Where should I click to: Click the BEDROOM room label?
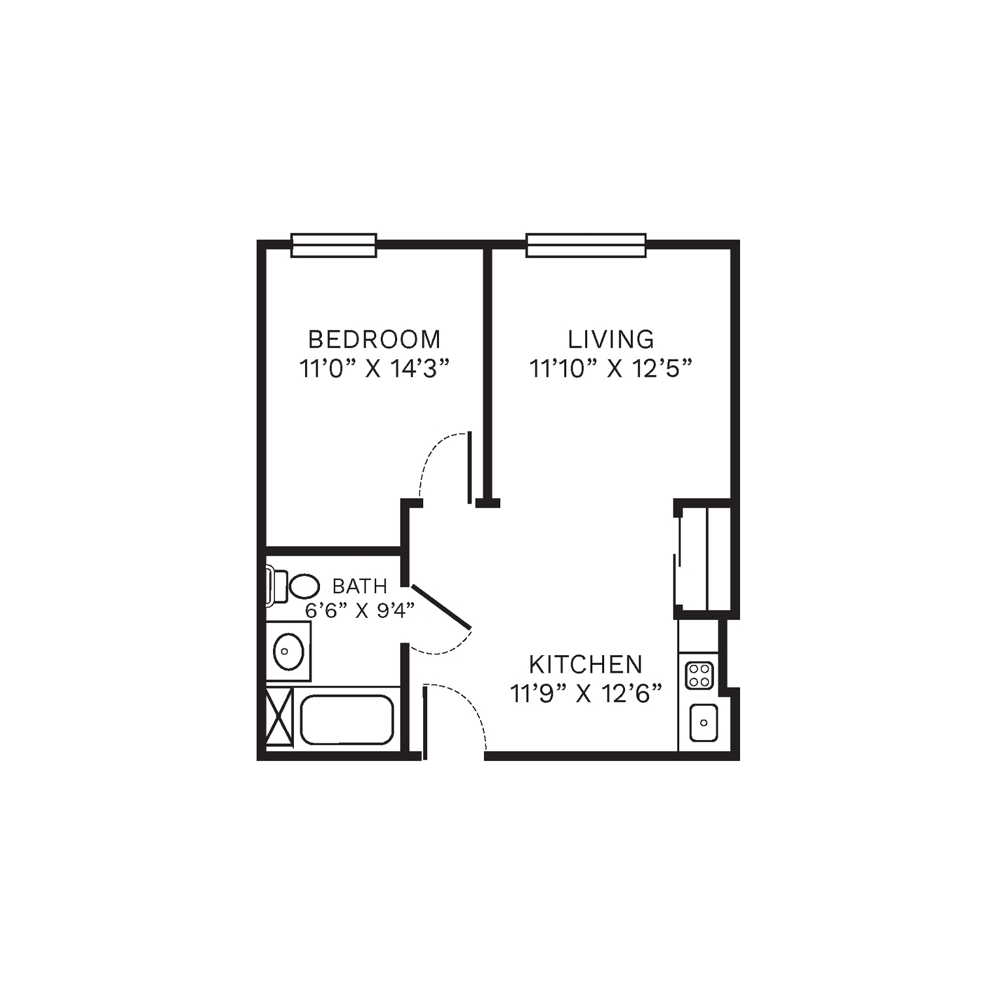(x=374, y=340)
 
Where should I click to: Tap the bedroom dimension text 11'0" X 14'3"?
(x=376, y=369)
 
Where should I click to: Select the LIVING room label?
(x=611, y=340)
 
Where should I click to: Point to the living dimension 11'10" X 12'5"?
(x=610, y=369)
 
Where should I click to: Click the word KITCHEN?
(x=586, y=665)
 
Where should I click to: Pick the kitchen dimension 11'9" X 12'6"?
(x=586, y=694)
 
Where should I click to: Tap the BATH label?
(x=360, y=586)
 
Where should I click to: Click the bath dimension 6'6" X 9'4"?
(x=360, y=611)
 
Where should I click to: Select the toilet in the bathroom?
(x=293, y=586)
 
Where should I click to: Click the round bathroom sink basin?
(x=288, y=651)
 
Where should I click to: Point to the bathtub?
(x=347, y=719)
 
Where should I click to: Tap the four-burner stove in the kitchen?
(x=699, y=675)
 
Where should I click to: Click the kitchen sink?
(x=703, y=722)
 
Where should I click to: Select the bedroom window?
(x=334, y=246)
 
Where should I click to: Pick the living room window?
(x=586, y=246)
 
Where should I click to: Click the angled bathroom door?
(x=441, y=607)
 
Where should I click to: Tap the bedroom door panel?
(x=469, y=468)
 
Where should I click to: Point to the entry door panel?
(x=425, y=722)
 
